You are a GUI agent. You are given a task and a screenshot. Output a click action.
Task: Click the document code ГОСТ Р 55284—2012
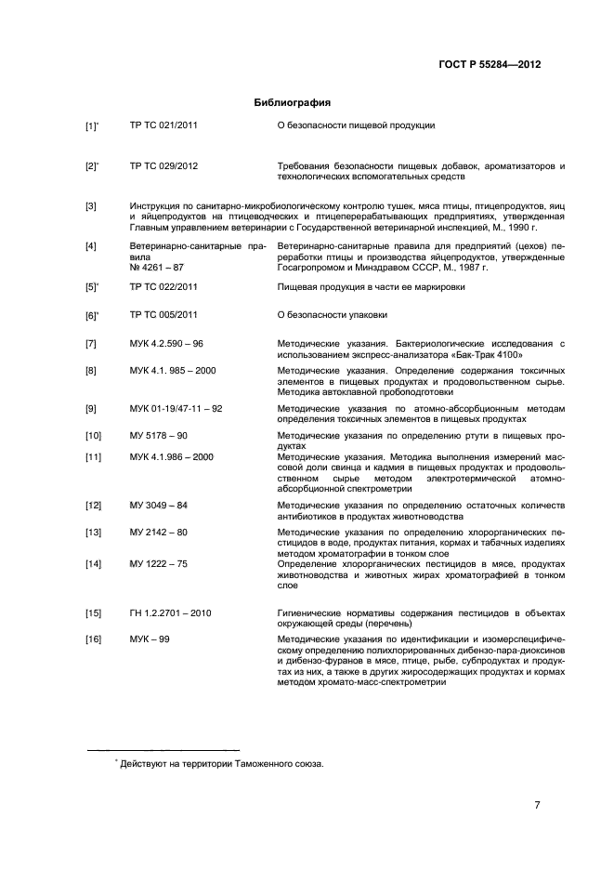(489, 64)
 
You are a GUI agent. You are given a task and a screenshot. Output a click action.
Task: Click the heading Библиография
(293, 102)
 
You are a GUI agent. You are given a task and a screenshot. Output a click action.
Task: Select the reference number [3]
(91, 205)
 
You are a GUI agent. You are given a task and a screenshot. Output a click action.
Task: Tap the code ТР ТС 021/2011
(163, 125)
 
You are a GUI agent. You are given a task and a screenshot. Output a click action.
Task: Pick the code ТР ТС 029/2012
(163, 166)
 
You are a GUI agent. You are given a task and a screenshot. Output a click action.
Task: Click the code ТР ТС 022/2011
(163, 287)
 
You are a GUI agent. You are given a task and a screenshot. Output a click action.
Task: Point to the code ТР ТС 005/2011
(163, 315)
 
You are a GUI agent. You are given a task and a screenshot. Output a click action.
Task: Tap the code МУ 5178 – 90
(159, 435)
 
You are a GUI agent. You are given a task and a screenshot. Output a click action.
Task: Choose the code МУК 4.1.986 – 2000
(172, 456)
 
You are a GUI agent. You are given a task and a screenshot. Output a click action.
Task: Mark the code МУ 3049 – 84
(159, 505)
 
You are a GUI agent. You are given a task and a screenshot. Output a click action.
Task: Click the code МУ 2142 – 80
(159, 532)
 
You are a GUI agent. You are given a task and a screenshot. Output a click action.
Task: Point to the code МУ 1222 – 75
(159, 564)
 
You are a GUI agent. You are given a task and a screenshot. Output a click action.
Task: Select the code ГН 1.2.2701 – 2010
(171, 613)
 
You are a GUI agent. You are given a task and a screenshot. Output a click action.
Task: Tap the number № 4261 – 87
(159, 268)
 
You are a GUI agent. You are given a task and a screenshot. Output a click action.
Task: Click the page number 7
(537, 805)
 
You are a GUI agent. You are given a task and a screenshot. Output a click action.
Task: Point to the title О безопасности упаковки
(333, 315)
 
